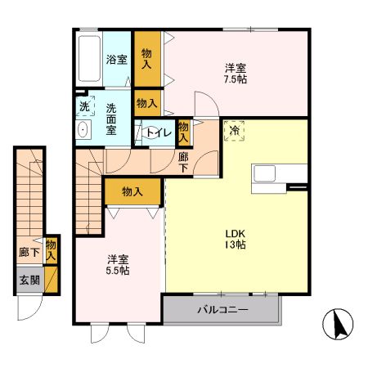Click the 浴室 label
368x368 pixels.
coord(116,60)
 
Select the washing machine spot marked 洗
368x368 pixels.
coord(83,105)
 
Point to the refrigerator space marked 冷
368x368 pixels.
coord(235,130)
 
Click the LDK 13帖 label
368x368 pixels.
coord(237,237)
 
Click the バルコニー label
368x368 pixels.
coord(222,310)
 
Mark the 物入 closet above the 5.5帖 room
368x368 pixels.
coord(132,191)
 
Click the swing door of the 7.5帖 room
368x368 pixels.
coord(205,101)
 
